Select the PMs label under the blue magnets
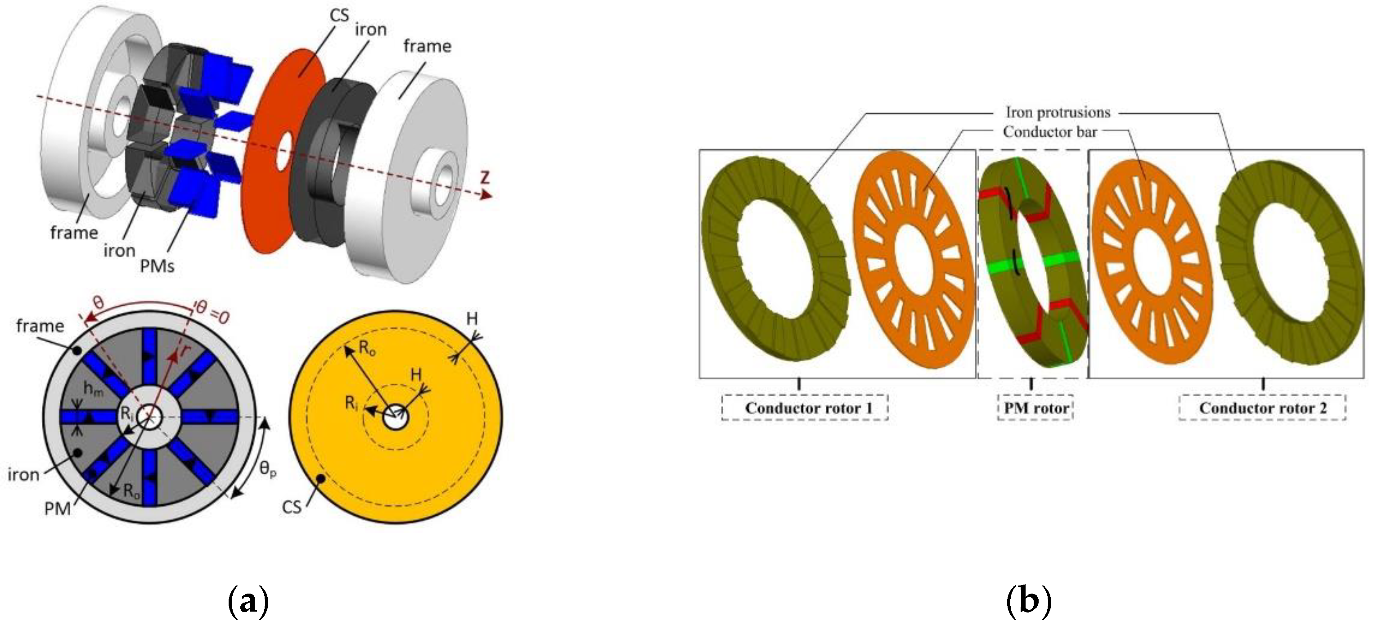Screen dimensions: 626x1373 point(157,265)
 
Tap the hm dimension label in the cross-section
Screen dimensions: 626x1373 point(93,389)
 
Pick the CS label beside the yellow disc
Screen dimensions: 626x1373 point(292,507)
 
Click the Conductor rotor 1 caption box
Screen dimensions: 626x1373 point(804,408)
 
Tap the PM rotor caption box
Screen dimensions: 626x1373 point(1035,408)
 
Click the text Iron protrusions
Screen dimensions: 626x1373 point(1058,113)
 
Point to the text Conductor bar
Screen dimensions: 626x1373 point(1049,132)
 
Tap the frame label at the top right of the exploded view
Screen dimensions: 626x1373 point(427,46)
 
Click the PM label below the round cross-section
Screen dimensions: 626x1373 point(58,509)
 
